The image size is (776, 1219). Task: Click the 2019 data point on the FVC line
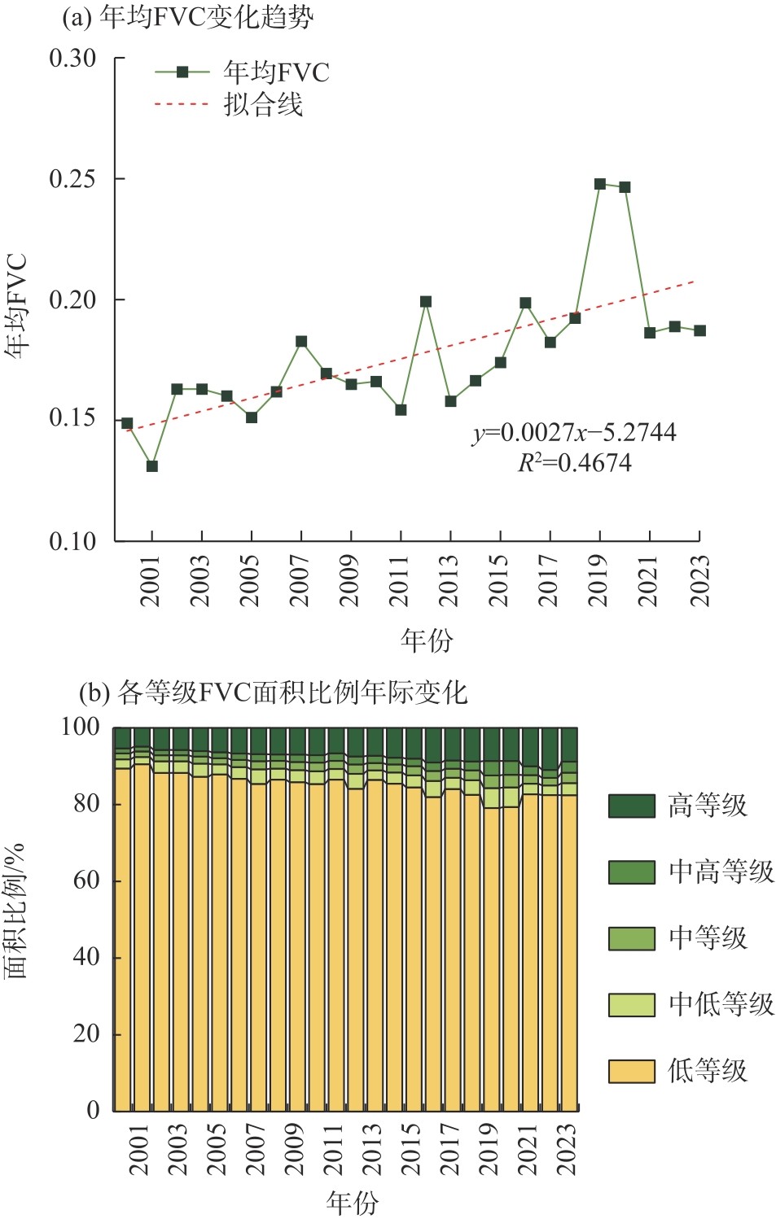pos(600,184)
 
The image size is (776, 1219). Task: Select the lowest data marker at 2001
pos(151,466)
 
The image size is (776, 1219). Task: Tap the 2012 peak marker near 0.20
pos(425,302)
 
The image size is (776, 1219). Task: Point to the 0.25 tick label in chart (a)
pos(72,179)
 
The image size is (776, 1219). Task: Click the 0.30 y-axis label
pos(72,59)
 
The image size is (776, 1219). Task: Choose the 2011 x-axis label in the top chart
pos(400,581)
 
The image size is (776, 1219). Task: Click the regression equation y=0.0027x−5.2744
pos(574,432)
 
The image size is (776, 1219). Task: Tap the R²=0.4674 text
pos(575,463)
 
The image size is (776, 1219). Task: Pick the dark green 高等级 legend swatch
pos(631,806)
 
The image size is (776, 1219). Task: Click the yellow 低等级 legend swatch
pos(631,1071)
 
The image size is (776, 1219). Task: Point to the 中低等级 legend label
pos(721,1004)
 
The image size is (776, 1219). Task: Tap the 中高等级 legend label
pos(721,872)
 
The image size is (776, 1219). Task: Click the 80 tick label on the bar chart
pos(85,803)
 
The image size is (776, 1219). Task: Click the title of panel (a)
pos(188,17)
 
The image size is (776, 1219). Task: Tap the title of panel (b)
pos(274,693)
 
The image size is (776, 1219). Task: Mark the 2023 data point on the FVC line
pos(699,330)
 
